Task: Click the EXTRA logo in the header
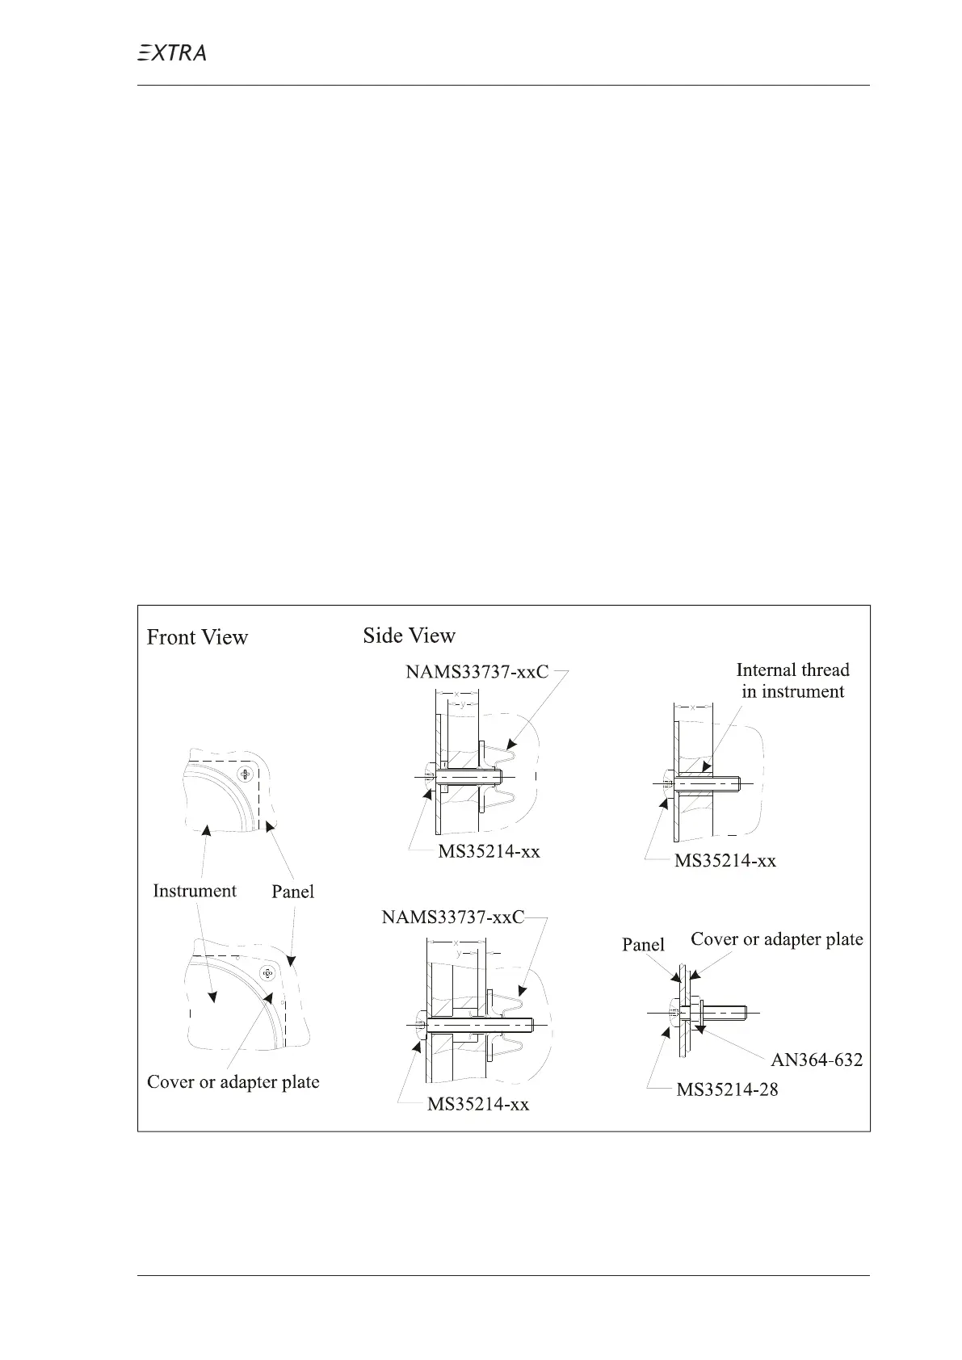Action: pyautogui.click(x=170, y=53)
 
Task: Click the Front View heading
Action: pyautogui.click(x=197, y=638)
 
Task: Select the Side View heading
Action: pyautogui.click(x=409, y=636)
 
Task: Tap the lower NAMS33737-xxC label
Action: pyautogui.click(x=452, y=917)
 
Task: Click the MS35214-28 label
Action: pyautogui.click(x=727, y=1089)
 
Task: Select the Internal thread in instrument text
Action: pyautogui.click(x=792, y=681)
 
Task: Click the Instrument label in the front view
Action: pyautogui.click(x=195, y=891)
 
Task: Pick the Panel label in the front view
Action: pyautogui.click(x=292, y=892)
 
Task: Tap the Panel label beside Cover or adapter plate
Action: pyautogui.click(x=643, y=945)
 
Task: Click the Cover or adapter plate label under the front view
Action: pyautogui.click(x=233, y=1082)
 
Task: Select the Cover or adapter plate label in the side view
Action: pyautogui.click(x=776, y=939)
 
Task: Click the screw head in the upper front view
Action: pyautogui.click(x=245, y=775)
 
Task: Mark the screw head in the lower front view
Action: pyautogui.click(x=269, y=974)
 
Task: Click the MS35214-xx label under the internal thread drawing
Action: pyautogui.click(x=725, y=861)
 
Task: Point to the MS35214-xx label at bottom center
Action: pyautogui.click(x=478, y=1104)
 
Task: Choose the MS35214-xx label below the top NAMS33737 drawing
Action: pyautogui.click(x=489, y=851)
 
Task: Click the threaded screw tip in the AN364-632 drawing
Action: pyautogui.click(x=741, y=1010)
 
